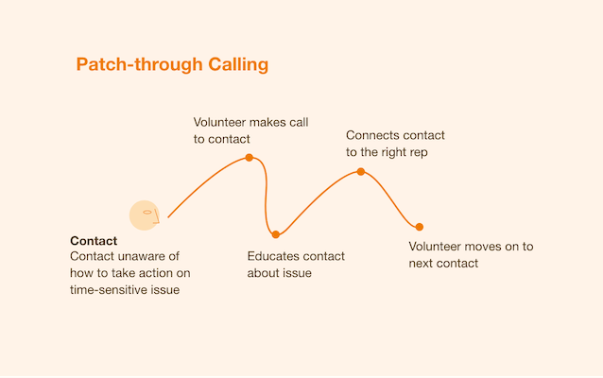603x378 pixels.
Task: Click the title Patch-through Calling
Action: coord(172,65)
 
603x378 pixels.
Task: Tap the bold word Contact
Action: coord(94,241)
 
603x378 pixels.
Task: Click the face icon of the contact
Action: coord(144,215)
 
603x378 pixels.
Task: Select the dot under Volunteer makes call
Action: coord(249,158)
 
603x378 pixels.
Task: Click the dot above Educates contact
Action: coord(276,234)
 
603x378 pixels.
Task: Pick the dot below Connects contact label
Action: coord(360,172)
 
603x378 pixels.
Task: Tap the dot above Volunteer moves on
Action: coord(419,227)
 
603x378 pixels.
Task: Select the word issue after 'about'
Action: coord(296,274)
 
